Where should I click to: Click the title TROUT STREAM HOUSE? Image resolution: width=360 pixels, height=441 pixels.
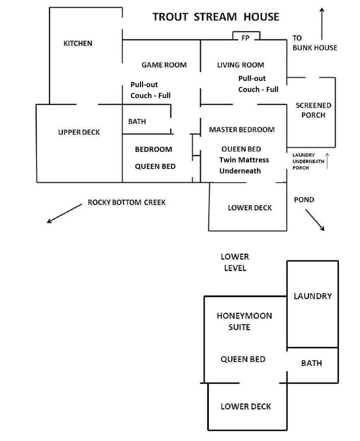click(216, 17)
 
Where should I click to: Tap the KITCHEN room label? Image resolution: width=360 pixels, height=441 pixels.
click(78, 43)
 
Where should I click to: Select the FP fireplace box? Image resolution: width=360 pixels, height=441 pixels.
click(246, 37)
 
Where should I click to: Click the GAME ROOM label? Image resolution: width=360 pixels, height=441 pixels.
click(164, 65)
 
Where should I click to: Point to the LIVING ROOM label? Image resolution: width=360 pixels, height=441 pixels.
click(240, 65)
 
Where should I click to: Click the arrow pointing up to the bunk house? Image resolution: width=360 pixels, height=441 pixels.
click(321, 23)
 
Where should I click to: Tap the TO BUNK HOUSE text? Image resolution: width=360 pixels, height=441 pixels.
click(314, 43)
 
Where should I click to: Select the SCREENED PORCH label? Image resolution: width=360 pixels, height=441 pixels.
click(313, 110)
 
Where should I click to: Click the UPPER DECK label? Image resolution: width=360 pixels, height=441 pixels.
click(79, 132)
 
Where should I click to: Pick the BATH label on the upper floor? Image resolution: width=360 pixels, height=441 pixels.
click(137, 121)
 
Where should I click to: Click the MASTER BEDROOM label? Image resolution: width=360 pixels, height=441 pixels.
click(241, 130)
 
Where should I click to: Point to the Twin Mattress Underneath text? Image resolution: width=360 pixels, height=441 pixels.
click(244, 165)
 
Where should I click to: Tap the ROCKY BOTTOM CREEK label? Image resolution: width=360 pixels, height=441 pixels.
click(126, 202)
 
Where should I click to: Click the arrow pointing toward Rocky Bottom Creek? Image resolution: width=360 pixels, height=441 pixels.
click(64, 214)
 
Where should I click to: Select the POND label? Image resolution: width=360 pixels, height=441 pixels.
click(304, 200)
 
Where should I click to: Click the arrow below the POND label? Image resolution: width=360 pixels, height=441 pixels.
click(315, 220)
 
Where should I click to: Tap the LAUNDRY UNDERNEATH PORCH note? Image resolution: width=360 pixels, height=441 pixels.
click(308, 161)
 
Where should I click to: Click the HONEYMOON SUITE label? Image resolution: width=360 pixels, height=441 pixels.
click(244, 321)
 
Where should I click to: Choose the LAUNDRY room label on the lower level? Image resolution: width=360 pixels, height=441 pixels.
click(313, 296)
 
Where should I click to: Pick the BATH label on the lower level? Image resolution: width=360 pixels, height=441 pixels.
click(311, 363)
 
